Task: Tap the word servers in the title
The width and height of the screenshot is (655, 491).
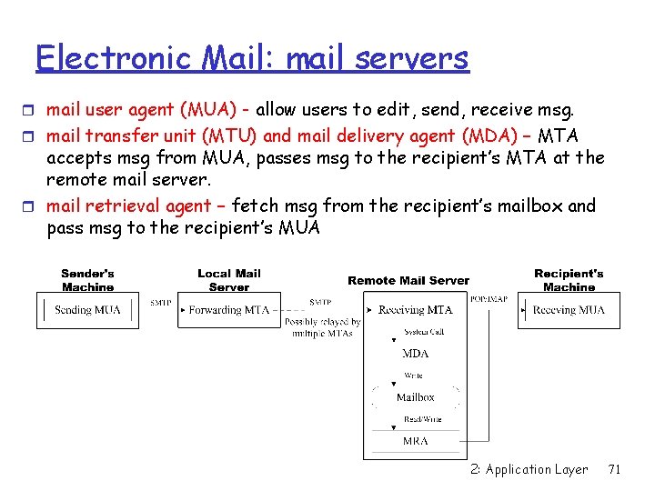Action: [412, 58]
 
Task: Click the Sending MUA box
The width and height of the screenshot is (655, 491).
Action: [86, 310]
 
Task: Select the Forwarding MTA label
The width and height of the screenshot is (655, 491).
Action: [228, 310]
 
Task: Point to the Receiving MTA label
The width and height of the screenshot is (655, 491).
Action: [415, 310]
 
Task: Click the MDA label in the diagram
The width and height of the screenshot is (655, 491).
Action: [415, 354]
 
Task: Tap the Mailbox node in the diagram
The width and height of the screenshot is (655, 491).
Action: [415, 397]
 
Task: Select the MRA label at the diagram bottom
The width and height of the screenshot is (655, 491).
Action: [415, 441]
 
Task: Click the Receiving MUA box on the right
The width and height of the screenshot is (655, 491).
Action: [569, 310]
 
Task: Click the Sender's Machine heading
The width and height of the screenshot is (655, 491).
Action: [87, 280]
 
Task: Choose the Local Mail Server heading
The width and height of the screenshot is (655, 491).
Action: [228, 280]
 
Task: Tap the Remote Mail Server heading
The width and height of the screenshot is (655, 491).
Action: [408, 281]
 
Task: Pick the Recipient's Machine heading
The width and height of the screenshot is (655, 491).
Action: [569, 280]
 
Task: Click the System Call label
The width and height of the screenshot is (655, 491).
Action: [423, 332]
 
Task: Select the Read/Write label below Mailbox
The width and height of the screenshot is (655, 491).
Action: [423, 419]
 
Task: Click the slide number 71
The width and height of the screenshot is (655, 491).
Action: [614, 469]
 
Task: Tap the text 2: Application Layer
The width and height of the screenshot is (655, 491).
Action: [529, 469]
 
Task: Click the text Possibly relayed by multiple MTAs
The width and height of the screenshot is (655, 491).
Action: [322, 327]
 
